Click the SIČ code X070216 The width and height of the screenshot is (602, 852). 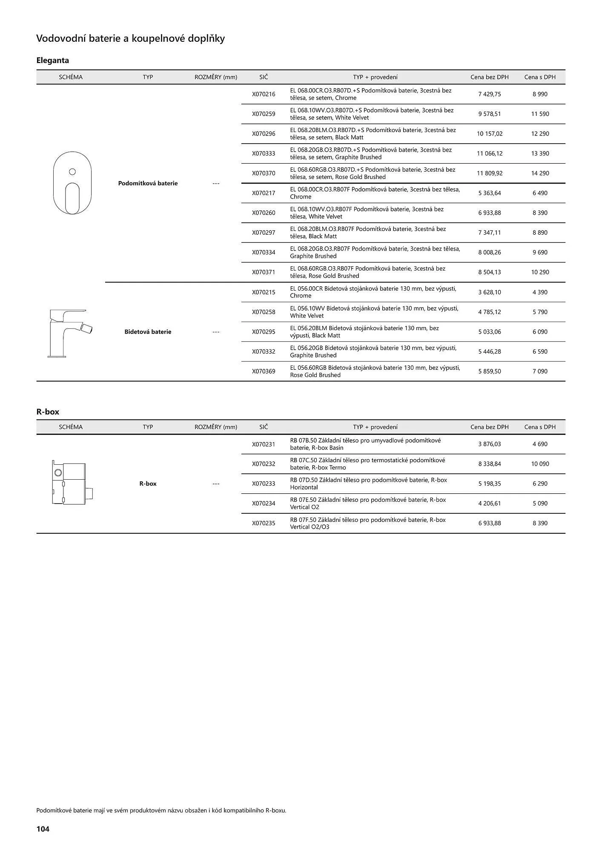pos(264,94)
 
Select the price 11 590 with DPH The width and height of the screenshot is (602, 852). pos(540,114)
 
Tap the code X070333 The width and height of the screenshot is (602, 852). pos(264,153)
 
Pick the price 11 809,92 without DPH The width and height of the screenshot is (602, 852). pos(490,173)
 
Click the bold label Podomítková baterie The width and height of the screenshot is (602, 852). pos(148,183)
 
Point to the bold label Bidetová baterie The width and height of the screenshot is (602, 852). pos(148,332)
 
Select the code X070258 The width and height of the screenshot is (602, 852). pos(264,312)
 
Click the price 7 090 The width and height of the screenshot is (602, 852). pos(540,371)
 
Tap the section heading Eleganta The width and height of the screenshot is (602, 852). pos(52,60)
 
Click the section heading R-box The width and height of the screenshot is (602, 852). pos(48,412)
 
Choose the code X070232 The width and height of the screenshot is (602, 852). pos(264,464)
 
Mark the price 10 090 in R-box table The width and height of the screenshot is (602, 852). pos(540,464)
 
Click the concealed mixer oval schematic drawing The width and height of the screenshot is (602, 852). pos(72,183)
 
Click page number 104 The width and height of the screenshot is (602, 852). pos(43,829)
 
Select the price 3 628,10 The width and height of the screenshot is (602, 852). pos(490,292)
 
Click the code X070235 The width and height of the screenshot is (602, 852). pos(264,523)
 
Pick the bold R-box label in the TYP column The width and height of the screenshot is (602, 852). pos(148,484)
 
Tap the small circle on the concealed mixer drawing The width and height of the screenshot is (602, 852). pos(72,172)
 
